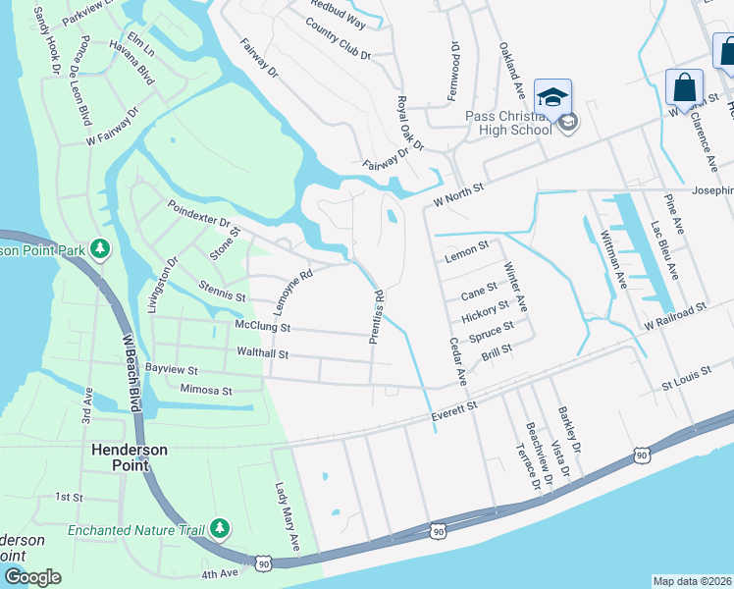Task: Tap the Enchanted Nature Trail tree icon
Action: pos(220,529)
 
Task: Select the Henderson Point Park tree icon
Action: pos(99,248)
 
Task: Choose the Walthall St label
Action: pos(263,352)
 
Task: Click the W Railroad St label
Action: pos(675,315)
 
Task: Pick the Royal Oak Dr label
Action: pos(409,123)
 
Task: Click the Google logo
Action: pos(32,576)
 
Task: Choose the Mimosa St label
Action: pos(205,391)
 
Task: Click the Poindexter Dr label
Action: pos(197,216)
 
